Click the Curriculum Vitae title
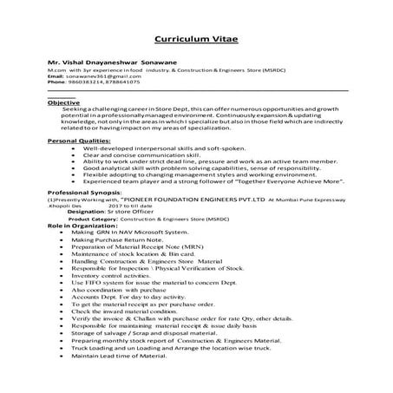(196, 40)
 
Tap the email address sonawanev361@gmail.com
(95, 76)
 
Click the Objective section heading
(63, 102)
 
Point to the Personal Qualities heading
(79, 140)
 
